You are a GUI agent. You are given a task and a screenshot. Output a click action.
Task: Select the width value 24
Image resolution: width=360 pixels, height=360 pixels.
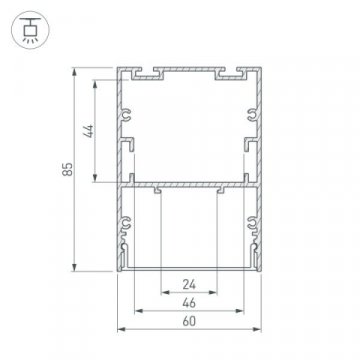tap(188, 283)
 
